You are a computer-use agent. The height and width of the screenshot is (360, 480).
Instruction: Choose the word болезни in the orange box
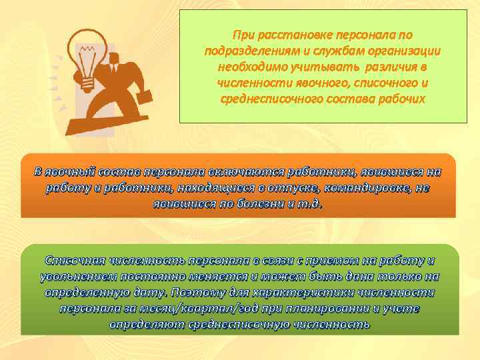point(252,203)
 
